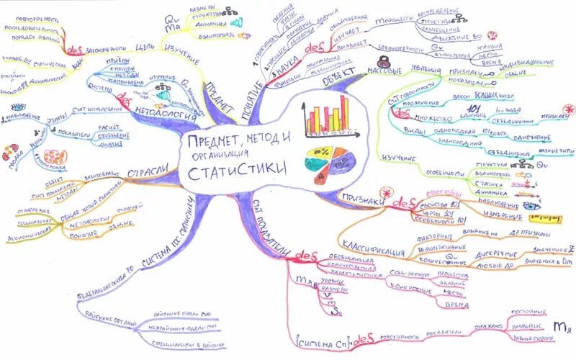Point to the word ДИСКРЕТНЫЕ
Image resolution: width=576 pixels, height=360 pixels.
pyautogui.click(x=495, y=254)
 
